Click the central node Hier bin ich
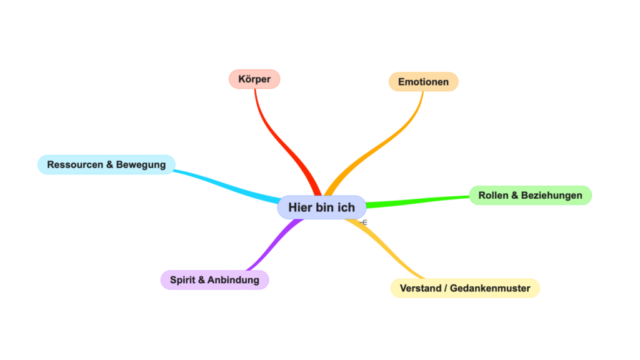[321, 207]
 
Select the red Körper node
[254, 79]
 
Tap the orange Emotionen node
[423, 82]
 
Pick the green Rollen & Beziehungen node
[530, 196]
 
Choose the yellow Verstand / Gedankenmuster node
[465, 288]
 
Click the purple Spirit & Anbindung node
[214, 280]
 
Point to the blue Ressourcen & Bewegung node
[106, 164]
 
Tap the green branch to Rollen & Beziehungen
[419, 201]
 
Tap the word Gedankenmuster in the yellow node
[493, 288]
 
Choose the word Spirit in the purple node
[182, 280]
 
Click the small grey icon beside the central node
[364, 221]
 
